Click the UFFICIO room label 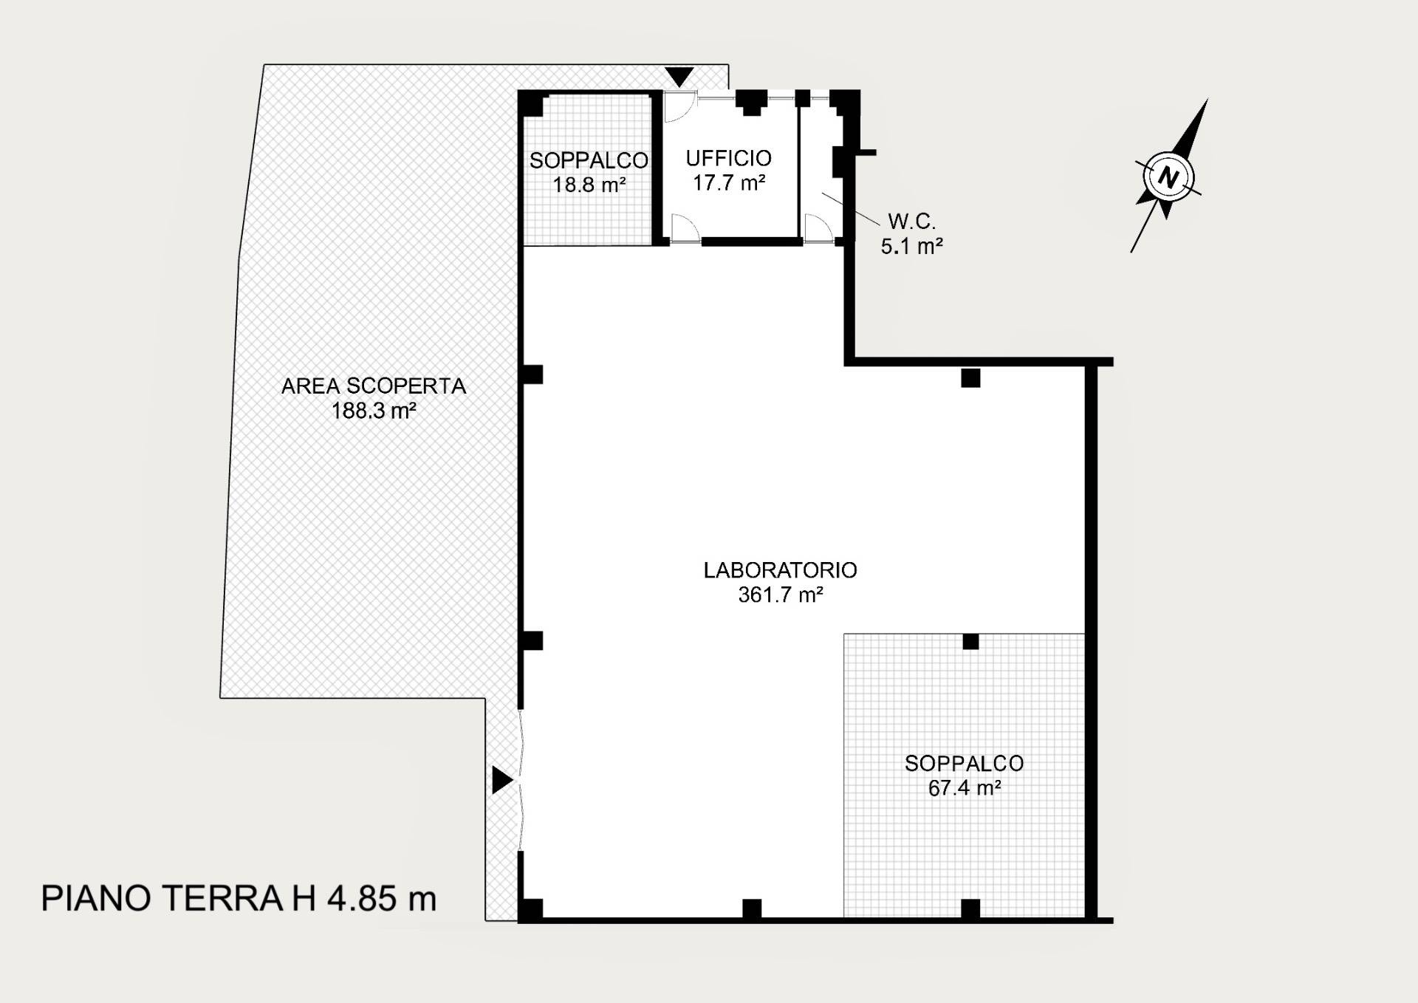(x=728, y=158)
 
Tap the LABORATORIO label (x=780, y=570)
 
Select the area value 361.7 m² (x=780, y=595)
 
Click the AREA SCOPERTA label (x=374, y=386)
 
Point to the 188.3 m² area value (x=374, y=411)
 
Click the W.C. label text (x=911, y=221)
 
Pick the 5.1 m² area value (x=911, y=246)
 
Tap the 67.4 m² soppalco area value (x=965, y=788)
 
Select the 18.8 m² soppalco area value (x=589, y=184)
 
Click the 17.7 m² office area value (x=728, y=182)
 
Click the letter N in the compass (x=1168, y=177)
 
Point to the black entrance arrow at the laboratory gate (x=501, y=780)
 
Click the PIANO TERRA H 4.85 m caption (x=239, y=899)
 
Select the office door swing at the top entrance (x=677, y=106)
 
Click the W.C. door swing (x=816, y=227)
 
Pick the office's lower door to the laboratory (x=685, y=227)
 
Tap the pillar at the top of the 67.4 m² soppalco (x=970, y=642)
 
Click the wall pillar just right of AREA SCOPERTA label (x=532, y=374)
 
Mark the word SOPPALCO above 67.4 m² (x=965, y=764)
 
